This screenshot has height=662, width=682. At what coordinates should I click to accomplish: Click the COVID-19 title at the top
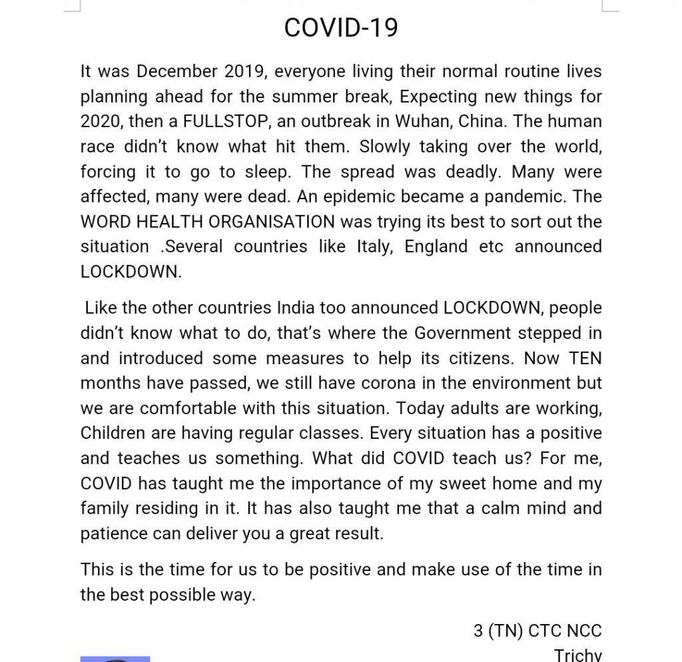tap(341, 28)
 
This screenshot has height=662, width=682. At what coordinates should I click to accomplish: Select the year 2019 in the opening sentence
tap(244, 71)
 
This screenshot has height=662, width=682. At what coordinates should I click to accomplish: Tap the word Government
tap(464, 333)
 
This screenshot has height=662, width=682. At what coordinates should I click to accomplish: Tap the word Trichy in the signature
tap(577, 655)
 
